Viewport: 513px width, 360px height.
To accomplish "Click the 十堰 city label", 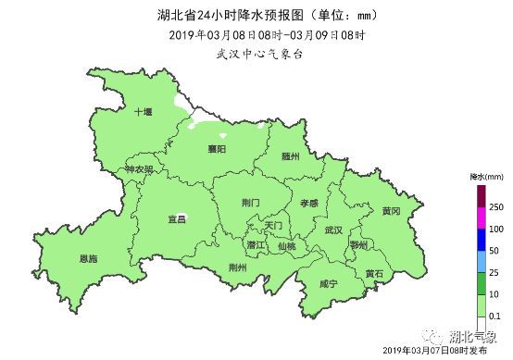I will [143, 111].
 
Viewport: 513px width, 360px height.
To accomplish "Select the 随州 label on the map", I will [291, 156].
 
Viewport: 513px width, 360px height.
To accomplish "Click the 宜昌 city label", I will [176, 219].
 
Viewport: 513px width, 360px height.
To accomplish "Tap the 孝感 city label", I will [308, 202].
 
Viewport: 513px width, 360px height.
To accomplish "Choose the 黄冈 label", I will [390, 211].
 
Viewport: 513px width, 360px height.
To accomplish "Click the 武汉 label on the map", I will [333, 229].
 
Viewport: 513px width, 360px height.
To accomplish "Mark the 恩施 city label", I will [89, 258].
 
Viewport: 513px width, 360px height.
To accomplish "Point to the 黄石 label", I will [374, 273].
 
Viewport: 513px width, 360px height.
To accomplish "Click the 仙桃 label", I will [286, 246].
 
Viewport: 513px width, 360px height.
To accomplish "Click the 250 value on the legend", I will [495, 205].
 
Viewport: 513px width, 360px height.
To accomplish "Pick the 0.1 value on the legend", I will [494, 317].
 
